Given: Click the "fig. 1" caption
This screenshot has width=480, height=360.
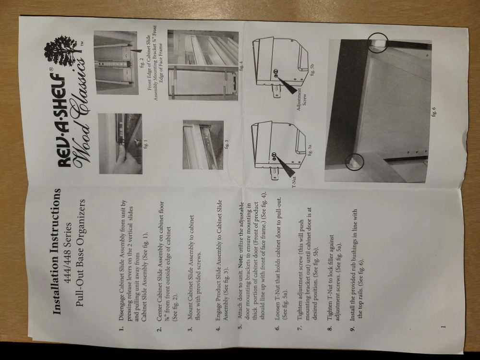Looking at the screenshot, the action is pos(145,144).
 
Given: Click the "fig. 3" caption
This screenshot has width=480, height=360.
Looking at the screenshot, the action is pos(227,144).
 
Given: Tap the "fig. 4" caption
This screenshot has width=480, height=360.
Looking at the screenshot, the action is pos(241,65).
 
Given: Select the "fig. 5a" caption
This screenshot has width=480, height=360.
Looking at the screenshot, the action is pos(310,150).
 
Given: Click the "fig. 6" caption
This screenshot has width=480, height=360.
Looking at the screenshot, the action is pos(433,111).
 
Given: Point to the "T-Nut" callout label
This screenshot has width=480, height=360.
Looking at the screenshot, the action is pos(294,181).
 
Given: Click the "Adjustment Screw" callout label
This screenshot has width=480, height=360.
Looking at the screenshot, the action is pos(301,97).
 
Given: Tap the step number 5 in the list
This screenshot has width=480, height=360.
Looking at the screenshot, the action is pos(240,326).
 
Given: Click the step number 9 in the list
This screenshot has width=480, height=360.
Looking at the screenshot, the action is pos(353,327).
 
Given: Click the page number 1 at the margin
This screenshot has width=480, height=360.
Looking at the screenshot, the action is pos(444,327).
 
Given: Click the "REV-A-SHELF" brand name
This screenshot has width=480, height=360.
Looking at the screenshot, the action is pos(66,122).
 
